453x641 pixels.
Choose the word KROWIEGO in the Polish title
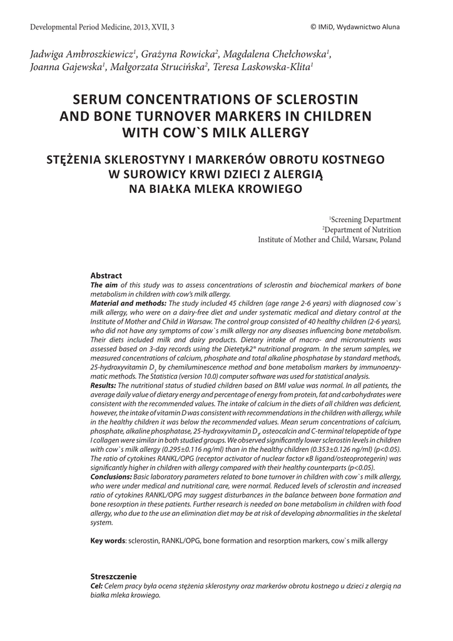click(x=267, y=188)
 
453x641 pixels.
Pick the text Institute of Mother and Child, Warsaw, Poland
click(x=330, y=240)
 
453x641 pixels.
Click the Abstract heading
click(x=106, y=275)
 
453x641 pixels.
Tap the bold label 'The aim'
click(x=104, y=284)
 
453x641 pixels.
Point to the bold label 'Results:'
click(x=104, y=386)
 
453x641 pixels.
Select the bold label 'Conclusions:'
click(x=113, y=477)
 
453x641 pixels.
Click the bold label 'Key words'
click(x=108, y=540)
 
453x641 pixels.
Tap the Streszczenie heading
click(x=113, y=576)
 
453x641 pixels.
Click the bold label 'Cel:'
click(x=96, y=586)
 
